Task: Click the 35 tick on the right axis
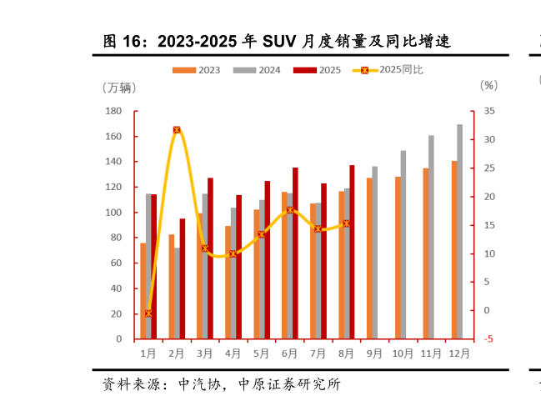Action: pos(488,111)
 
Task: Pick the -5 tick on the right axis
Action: pos(488,339)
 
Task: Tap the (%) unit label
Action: pos(488,85)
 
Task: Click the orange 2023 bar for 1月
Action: pos(143,291)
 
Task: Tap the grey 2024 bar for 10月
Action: pos(403,245)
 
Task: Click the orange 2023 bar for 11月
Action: pos(426,253)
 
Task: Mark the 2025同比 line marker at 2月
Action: pos(177,130)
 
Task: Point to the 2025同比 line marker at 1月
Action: pos(148,313)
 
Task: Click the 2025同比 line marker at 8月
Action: pos(346,223)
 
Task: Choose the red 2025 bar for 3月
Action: pos(211,258)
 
